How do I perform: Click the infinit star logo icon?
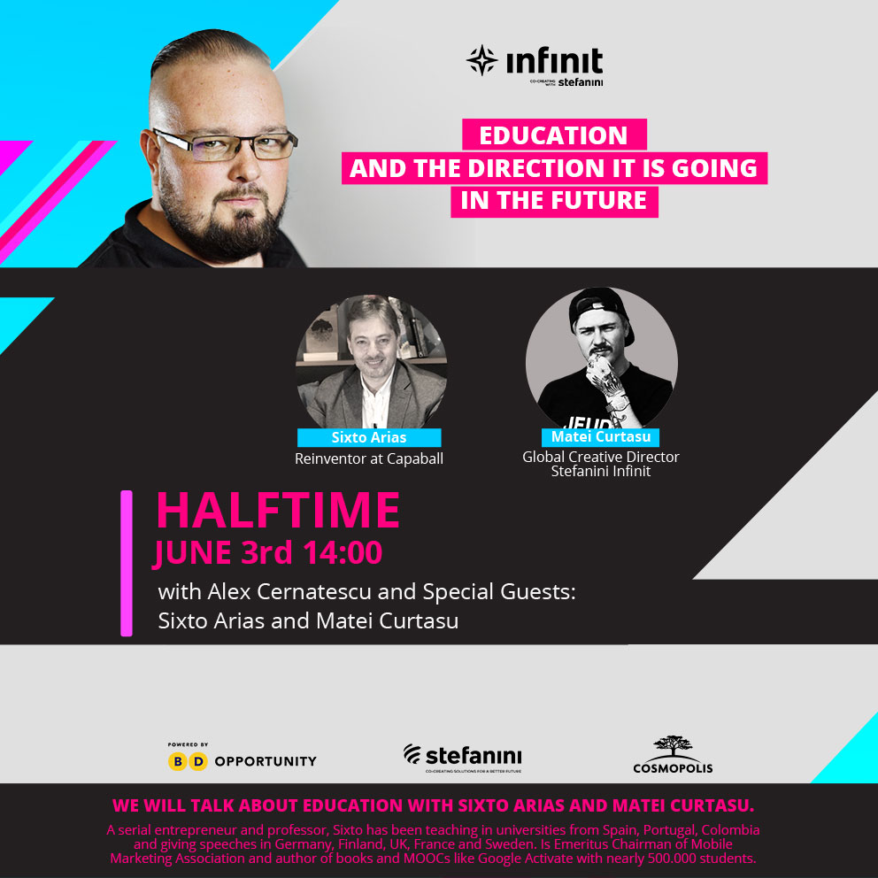(x=482, y=60)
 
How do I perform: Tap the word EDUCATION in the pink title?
(x=553, y=135)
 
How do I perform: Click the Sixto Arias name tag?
(x=369, y=437)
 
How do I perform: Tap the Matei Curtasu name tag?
(x=601, y=436)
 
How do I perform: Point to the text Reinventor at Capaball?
(x=369, y=458)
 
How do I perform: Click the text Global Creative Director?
(x=601, y=457)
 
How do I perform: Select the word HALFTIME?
(x=278, y=510)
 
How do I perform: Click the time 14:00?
(x=343, y=552)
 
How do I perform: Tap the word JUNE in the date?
(x=193, y=553)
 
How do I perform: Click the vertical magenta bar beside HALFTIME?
(x=127, y=563)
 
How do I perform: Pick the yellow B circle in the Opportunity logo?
(x=178, y=761)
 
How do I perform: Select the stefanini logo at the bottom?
(x=463, y=758)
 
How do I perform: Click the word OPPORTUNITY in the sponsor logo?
(x=266, y=761)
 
